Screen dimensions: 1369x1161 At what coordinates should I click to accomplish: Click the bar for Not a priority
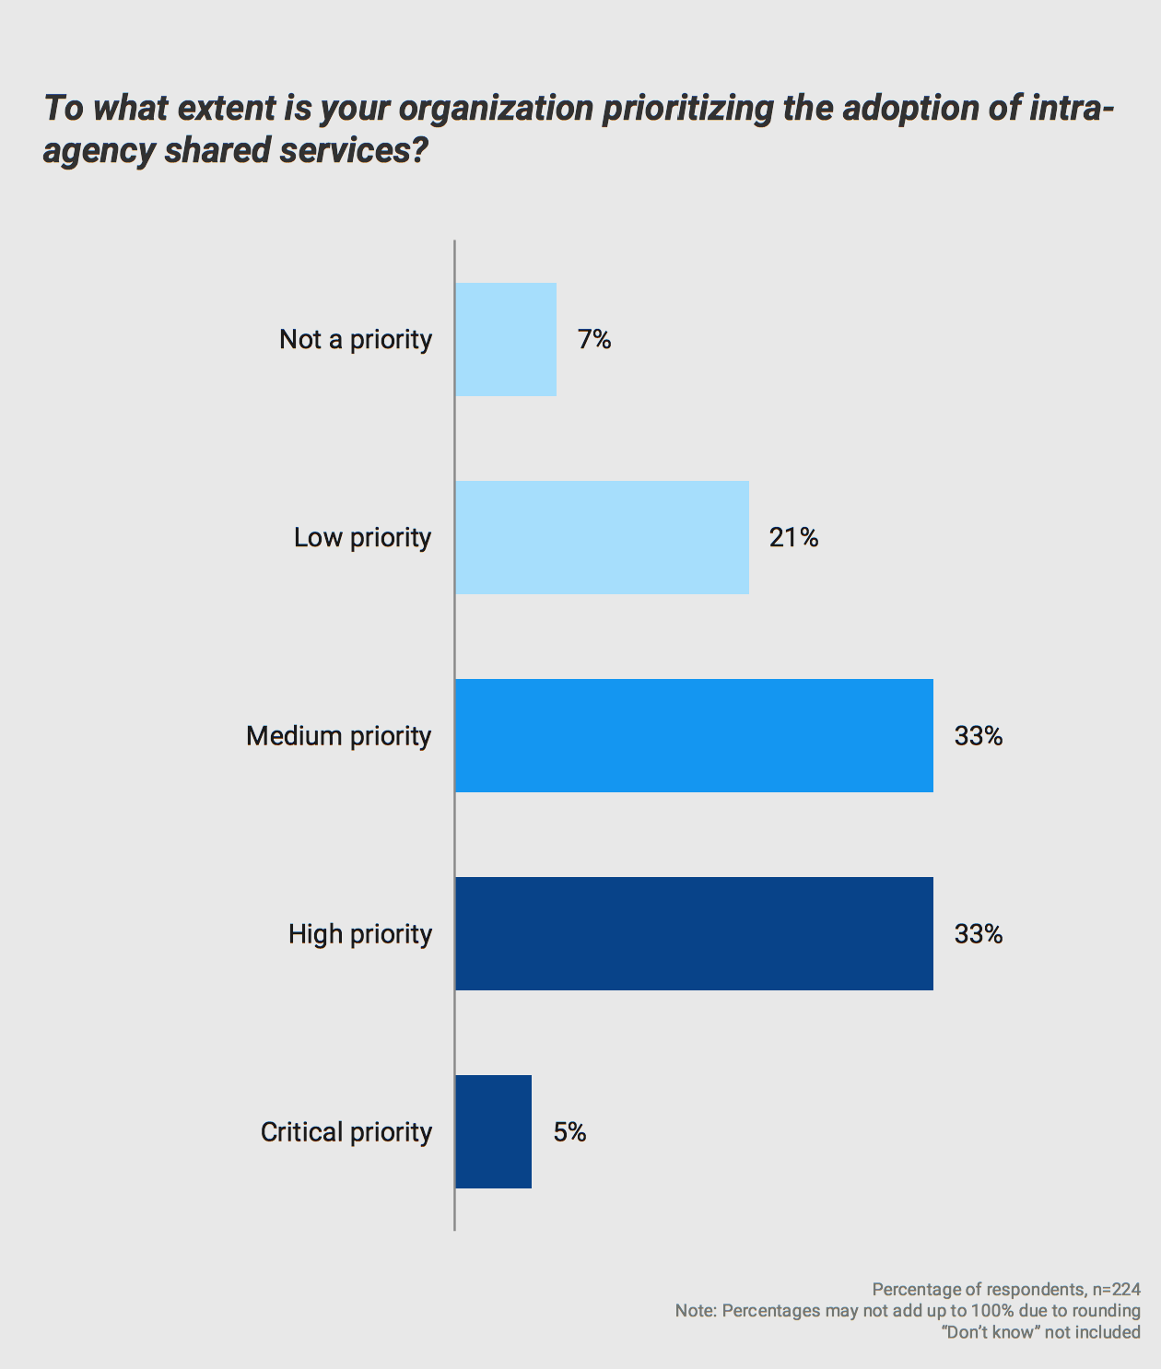pos(506,339)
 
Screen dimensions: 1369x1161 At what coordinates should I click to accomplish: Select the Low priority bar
pos(602,537)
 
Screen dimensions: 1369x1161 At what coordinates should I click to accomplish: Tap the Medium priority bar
pos(694,735)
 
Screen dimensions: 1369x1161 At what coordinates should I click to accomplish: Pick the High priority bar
pos(694,933)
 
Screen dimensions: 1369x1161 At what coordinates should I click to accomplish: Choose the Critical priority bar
pos(493,1131)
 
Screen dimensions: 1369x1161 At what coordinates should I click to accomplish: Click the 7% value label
pos(594,340)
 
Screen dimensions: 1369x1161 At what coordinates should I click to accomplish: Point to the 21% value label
pos(793,537)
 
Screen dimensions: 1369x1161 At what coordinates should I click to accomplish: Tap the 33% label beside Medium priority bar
pos(978,735)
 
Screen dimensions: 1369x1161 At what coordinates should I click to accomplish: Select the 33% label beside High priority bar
pos(978,934)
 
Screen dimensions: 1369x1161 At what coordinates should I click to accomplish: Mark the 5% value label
pos(569,1131)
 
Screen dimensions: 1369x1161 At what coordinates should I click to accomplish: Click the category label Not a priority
pos(356,340)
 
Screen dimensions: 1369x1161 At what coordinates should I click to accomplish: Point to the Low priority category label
pos(362,537)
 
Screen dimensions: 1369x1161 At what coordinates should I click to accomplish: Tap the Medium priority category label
pos(338,736)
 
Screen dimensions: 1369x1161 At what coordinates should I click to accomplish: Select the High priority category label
pos(359,934)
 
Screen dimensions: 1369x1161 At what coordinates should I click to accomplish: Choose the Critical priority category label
pos(346,1132)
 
